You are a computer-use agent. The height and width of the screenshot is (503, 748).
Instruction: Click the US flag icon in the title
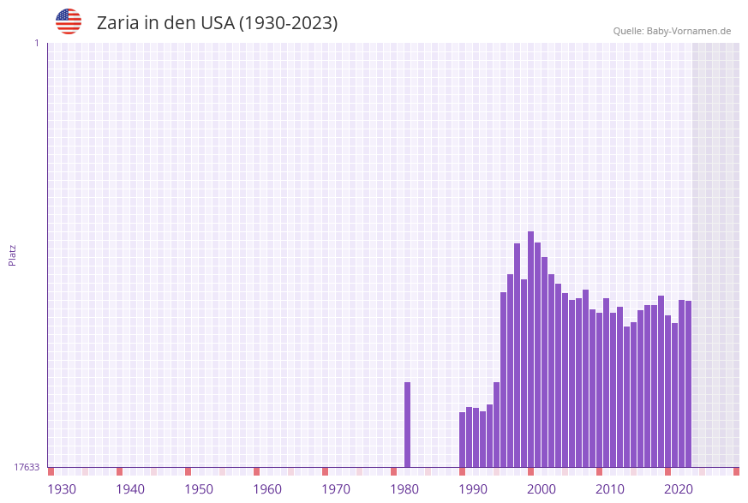click(x=69, y=21)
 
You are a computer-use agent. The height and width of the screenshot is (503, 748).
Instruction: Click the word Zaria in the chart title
click(x=117, y=23)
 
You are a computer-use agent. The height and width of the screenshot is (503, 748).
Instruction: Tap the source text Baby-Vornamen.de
click(x=689, y=31)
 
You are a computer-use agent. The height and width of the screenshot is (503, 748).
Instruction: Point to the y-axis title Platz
click(x=13, y=254)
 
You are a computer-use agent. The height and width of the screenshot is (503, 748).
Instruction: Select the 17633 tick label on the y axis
click(x=27, y=467)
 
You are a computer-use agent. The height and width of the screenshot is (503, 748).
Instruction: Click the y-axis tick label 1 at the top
click(x=36, y=43)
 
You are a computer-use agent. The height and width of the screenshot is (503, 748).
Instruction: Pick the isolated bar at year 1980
click(x=407, y=424)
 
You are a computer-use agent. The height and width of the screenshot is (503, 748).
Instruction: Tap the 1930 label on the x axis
click(x=62, y=489)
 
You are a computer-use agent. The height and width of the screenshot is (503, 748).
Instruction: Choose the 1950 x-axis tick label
click(x=199, y=489)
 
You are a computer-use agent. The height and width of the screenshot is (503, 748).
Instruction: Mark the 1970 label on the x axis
click(x=336, y=489)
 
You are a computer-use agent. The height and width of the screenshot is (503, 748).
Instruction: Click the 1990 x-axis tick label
click(x=473, y=489)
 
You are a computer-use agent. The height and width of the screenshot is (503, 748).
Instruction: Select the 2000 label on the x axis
click(x=542, y=489)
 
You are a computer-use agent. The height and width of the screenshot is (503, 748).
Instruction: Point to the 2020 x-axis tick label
click(x=679, y=489)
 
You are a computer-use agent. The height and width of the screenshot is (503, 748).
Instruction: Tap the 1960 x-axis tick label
click(x=267, y=489)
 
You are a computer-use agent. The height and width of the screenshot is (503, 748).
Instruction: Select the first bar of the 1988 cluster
click(x=462, y=440)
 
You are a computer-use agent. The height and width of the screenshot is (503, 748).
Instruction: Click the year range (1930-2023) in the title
click(x=288, y=23)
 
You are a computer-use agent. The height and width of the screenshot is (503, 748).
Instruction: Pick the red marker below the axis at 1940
click(x=119, y=471)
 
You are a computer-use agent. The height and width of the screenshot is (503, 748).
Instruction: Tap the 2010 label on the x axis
click(x=610, y=489)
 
